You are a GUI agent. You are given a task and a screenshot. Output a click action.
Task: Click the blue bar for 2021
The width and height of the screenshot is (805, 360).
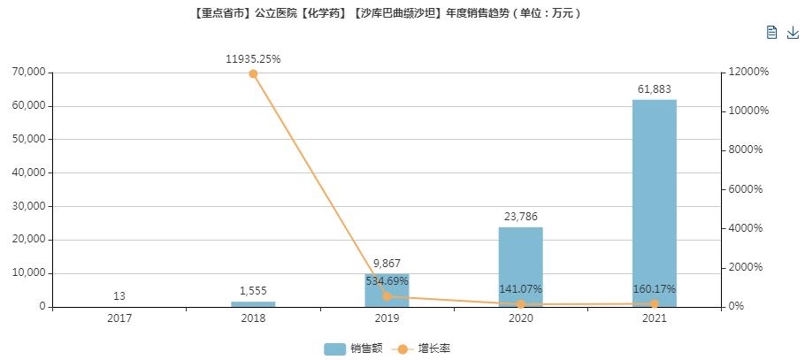pos(654,203)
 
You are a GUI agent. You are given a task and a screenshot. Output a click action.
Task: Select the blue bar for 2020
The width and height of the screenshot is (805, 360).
pos(520,266)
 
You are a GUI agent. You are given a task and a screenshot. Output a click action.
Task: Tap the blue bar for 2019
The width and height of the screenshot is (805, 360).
pos(387,290)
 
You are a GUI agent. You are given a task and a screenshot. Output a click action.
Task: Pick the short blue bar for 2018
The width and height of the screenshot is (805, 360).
pos(253,304)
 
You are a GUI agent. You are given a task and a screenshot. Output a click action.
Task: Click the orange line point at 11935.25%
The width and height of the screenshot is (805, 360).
pos(253,73)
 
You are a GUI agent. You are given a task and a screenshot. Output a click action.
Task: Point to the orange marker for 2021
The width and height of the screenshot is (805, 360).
pos(654,304)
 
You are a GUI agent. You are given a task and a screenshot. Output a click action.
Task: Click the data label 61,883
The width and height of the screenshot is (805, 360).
pos(654,88)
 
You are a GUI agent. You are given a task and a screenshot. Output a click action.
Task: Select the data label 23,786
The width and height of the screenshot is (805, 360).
pos(520,216)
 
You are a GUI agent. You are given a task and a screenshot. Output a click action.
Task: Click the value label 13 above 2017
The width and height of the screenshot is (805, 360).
pos(119,296)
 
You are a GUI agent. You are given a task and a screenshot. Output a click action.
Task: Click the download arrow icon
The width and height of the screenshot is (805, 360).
pos(793,33)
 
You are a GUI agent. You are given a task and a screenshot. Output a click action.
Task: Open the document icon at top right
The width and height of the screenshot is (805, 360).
pos(771,33)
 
